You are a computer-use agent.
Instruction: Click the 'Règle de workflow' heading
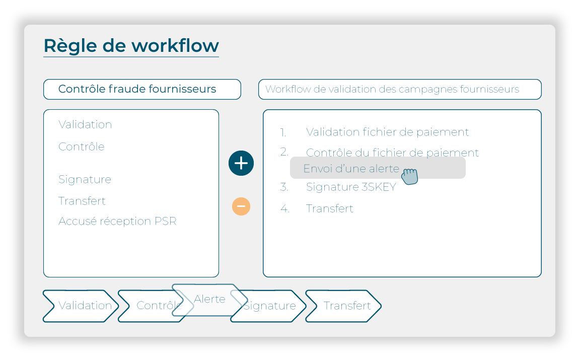click(131, 46)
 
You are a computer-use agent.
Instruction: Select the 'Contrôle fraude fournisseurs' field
click(141, 89)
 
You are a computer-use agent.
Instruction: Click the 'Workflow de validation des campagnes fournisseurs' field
click(399, 89)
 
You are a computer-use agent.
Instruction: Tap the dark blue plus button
click(241, 163)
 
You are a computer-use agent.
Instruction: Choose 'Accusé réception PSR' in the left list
click(117, 221)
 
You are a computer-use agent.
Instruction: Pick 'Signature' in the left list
click(85, 179)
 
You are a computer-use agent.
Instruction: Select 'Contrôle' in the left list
click(82, 147)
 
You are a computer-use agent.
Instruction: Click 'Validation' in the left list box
click(85, 124)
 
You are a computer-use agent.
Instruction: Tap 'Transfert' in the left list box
click(82, 201)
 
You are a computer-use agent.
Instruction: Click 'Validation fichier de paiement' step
click(387, 132)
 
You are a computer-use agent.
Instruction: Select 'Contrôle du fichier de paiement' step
click(392, 152)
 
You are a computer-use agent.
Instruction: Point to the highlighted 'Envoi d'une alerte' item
click(351, 169)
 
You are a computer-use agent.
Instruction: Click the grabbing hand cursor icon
click(410, 176)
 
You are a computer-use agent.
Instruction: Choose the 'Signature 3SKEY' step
click(351, 187)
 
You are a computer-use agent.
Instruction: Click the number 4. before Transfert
click(285, 208)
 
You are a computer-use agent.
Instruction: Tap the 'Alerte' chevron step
click(209, 299)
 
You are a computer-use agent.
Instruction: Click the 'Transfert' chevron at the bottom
click(347, 306)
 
